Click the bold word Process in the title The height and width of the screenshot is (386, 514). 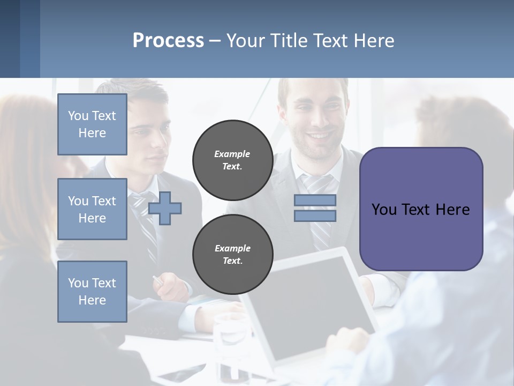pyautogui.click(x=168, y=40)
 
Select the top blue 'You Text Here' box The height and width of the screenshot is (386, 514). pyautogui.click(x=92, y=124)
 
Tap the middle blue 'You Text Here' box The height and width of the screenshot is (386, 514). pyautogui.click(x=92, y=209)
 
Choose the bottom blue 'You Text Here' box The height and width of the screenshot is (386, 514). pyautogui.click(x=92, y=292)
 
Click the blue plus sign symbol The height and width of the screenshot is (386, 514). pyautogui.click(x=165, y=208)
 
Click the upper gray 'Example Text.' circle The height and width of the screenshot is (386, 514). pyautogui.click(x=232, y=160)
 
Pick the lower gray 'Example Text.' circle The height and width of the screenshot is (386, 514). pyautogui.click(x=232, y=254)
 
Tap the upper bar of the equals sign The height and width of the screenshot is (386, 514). pyautogui.click(x=315, y=200)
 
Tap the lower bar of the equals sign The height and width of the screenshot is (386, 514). pyautogui.click(x=315, y=216)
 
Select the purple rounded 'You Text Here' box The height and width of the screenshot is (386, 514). pyautogui.click(x=421, y=209)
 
